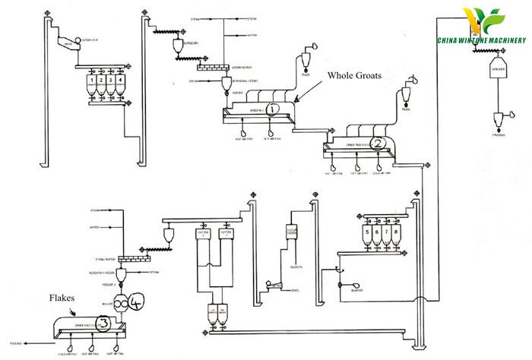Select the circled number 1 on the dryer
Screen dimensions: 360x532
[274, 109]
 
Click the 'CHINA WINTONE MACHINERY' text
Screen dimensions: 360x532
[481, 40]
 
